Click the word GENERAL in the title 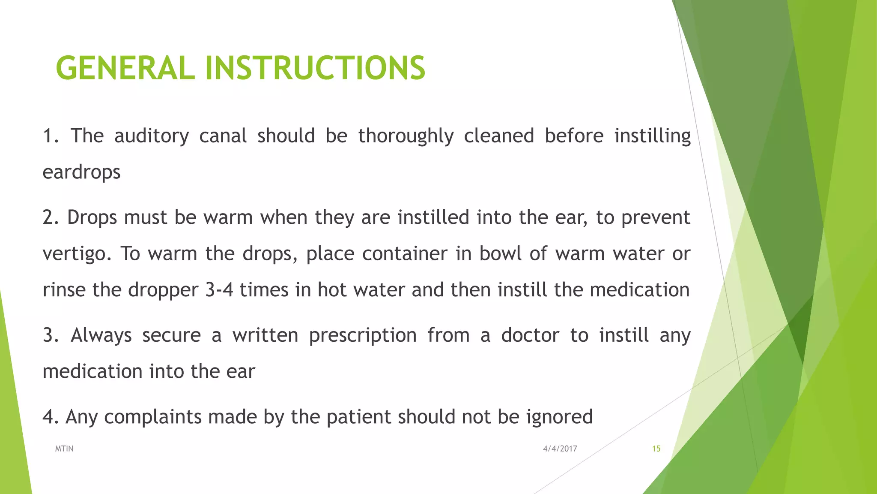click(x=125, y=68)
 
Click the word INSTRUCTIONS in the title click(x=315, y=68)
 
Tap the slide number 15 click(x=656, y=449)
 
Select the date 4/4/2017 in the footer click(x=560, y=449)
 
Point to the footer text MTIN click(x=64, y=449)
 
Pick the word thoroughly click(x=406, y=136)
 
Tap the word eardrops click(x=81, y=172)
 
